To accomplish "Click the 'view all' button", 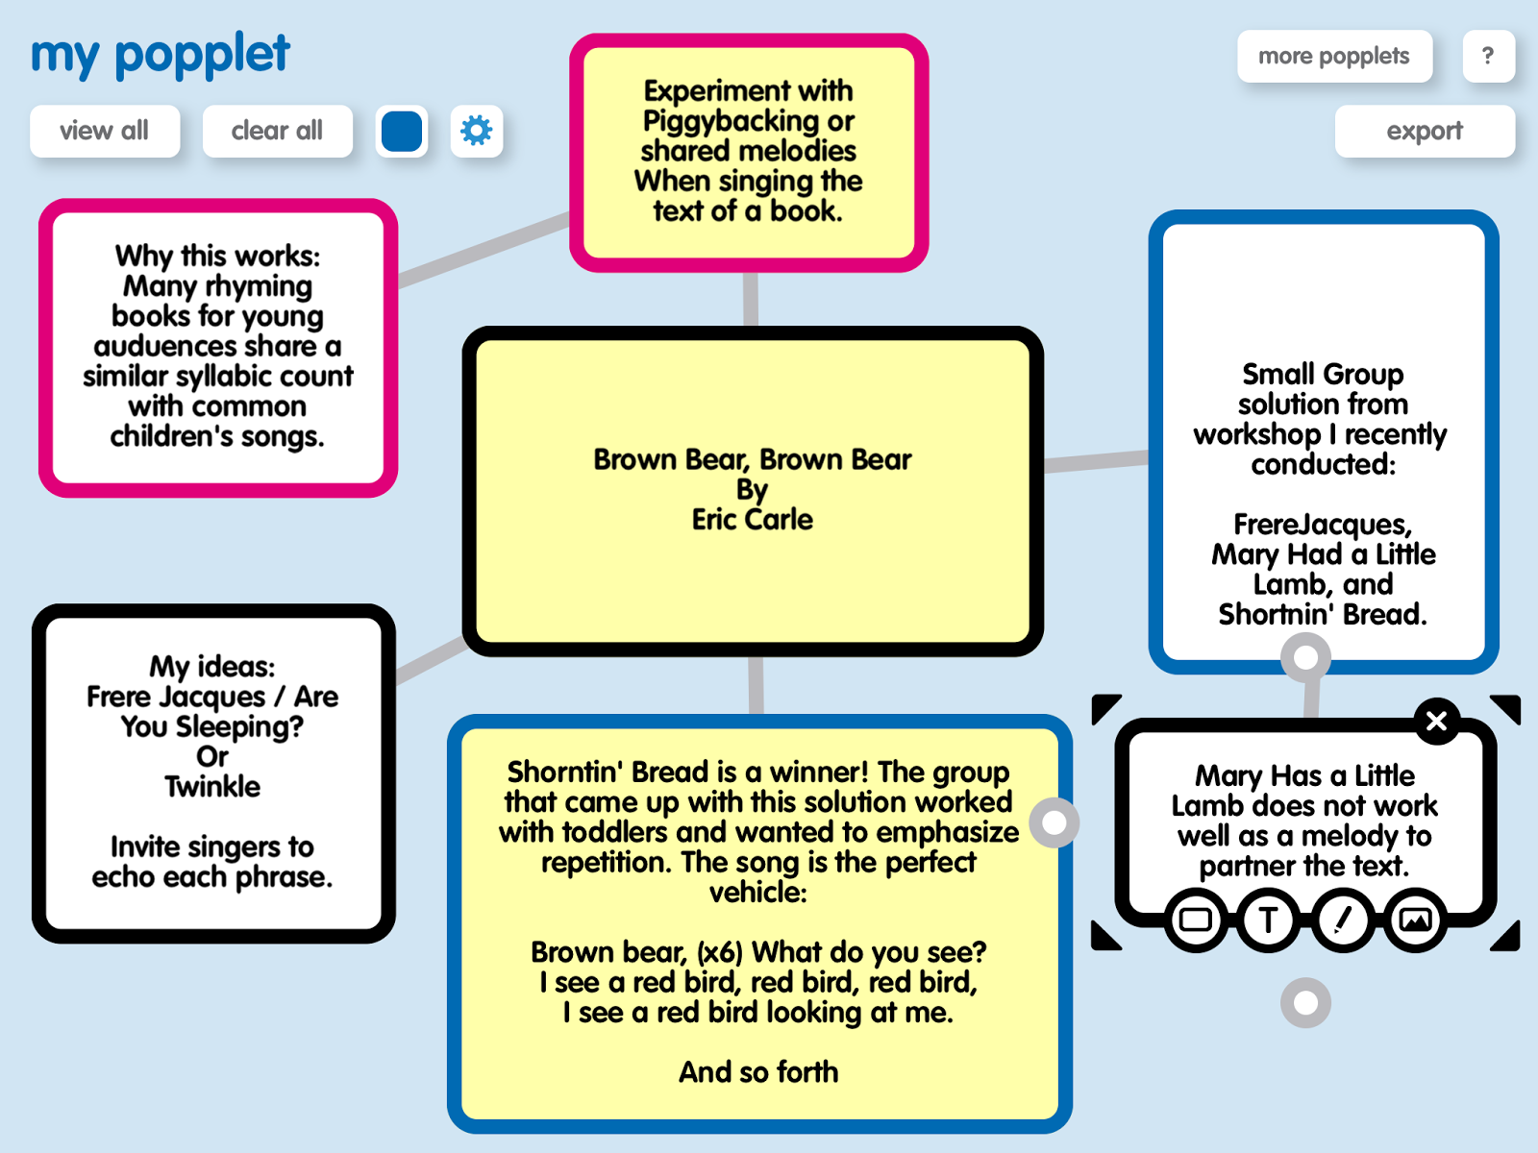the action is tap(105, 131).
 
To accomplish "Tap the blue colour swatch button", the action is tap(402, 131).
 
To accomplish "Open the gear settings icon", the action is tap(477, 131).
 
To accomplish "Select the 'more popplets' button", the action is tap(1334, 56).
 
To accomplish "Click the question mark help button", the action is tap(1488, 56).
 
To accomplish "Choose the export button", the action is tap(1425, 131).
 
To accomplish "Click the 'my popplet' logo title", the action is tap(161, 55).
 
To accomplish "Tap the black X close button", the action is tap(1436, 721).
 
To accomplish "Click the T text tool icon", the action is tap(1268, 920).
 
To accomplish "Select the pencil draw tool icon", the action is tap(1342, 920).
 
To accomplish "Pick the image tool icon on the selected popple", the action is tap(1415, 920).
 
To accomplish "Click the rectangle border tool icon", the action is tap(1196, 920).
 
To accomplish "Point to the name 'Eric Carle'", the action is tap(753, 520).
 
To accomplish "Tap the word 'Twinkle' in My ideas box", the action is tap(213, 786).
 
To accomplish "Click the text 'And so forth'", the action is tap(758, 1071).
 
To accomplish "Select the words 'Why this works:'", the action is tap(218, 257).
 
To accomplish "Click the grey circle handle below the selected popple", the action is tap(1305, 1002).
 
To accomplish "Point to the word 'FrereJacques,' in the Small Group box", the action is tap(1323, 525).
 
